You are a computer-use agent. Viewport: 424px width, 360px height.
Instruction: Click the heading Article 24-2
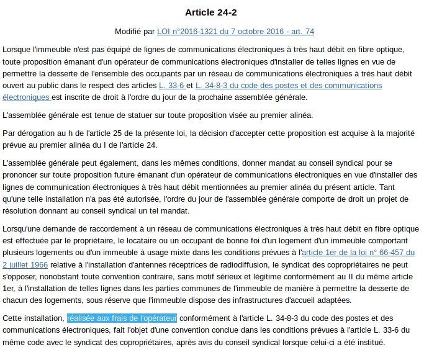[x=212, y=12]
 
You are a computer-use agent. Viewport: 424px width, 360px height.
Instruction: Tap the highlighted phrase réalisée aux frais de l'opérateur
[x=122, y=318]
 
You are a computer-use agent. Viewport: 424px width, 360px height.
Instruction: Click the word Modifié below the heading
[x=129, y=31]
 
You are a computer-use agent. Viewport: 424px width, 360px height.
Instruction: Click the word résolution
[x=20, y=210]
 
